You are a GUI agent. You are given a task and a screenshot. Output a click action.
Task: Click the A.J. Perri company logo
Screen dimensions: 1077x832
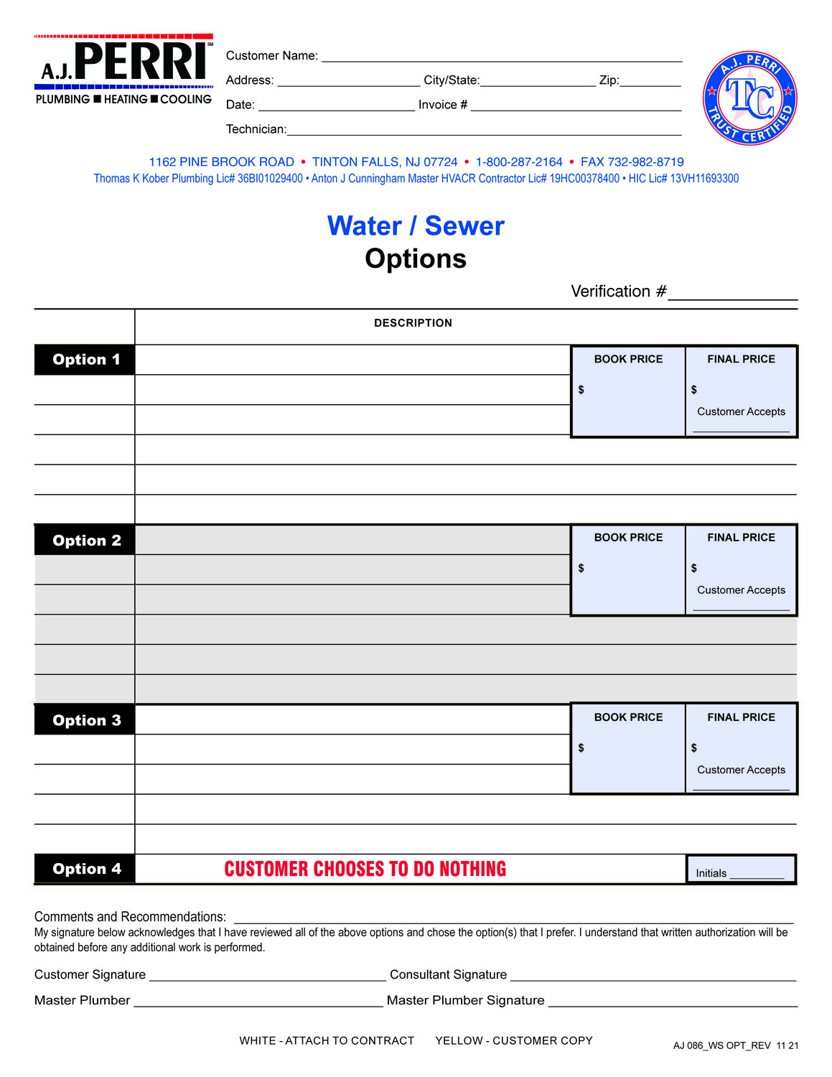[123, 70]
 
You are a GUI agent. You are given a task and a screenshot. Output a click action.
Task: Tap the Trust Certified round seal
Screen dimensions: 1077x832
[749, 98]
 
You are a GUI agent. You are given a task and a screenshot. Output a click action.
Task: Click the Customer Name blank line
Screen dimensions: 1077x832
[501, 56]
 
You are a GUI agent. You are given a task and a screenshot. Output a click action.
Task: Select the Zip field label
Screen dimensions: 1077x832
[609, 80]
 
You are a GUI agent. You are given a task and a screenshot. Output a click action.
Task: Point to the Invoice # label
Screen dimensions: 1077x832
[442, 105]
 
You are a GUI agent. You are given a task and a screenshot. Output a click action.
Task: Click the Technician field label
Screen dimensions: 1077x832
[256, 129]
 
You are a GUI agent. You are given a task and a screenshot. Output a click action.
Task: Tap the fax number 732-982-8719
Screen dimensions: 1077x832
[632, 162]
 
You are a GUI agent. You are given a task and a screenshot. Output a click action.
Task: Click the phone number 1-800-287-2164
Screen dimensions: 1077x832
[519, 162]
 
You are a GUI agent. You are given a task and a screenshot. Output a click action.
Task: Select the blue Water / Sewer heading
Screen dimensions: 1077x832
[416, 226]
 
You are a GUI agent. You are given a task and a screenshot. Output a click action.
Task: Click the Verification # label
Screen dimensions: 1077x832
[618, 292]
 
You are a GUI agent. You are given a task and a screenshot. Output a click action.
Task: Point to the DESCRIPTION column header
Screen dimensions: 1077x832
[413, 323]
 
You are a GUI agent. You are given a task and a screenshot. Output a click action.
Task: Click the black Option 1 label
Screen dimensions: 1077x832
[85, 360]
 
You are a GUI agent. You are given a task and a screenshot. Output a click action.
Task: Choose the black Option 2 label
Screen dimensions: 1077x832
[85, 541]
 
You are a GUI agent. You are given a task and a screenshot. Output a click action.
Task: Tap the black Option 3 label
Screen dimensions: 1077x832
[85, 720]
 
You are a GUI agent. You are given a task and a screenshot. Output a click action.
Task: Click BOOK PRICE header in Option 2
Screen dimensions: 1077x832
[628, 538]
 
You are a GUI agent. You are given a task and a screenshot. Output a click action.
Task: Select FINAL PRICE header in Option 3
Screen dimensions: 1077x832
[741, 717]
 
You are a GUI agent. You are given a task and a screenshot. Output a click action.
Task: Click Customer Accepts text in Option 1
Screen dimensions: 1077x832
[741, 412]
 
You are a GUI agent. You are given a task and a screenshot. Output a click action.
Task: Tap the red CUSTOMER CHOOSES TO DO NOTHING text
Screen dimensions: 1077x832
[365, 869]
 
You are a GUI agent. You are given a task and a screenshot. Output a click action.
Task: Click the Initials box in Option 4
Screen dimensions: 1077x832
[740, 869]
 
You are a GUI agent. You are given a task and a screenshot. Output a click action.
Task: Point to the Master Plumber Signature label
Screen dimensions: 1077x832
[465, 1000]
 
